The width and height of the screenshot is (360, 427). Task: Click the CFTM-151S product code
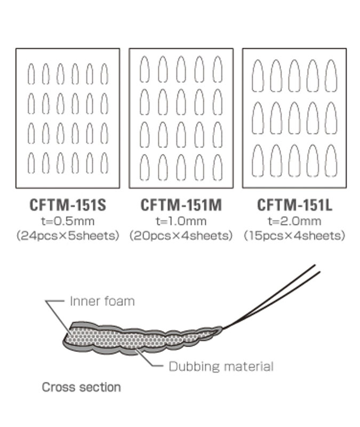pos(67,205)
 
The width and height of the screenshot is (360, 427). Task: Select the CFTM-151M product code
pos(181,205)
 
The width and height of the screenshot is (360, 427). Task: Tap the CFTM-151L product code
pos(294,205)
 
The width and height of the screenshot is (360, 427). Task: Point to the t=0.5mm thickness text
pos(67,221)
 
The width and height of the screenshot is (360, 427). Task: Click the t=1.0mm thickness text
pos(181,221)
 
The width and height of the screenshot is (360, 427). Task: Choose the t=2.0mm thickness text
pos(294,221)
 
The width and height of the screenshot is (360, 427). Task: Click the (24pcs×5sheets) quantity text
pos(67,235)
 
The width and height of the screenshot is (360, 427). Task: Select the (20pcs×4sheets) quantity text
pos(181,235)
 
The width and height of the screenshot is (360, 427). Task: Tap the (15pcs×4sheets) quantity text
pos(294,235)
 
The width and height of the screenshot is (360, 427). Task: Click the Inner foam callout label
pos(102,301)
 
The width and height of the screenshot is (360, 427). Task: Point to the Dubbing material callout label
pos(221,367)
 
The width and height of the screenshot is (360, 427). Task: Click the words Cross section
pos(81,387)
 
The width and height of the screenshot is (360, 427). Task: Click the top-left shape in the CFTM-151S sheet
pos(31,74)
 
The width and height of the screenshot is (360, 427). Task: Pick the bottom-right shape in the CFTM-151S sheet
pos(104,162)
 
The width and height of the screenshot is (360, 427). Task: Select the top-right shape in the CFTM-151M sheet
pos(217,69)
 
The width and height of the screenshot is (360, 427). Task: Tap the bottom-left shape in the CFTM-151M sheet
pos(144,168)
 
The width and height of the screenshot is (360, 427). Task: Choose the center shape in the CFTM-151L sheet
pos(294,118)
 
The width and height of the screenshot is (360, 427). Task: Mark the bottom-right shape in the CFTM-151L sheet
pos(331,160)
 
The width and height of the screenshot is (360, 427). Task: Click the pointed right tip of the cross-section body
pos(221,328)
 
